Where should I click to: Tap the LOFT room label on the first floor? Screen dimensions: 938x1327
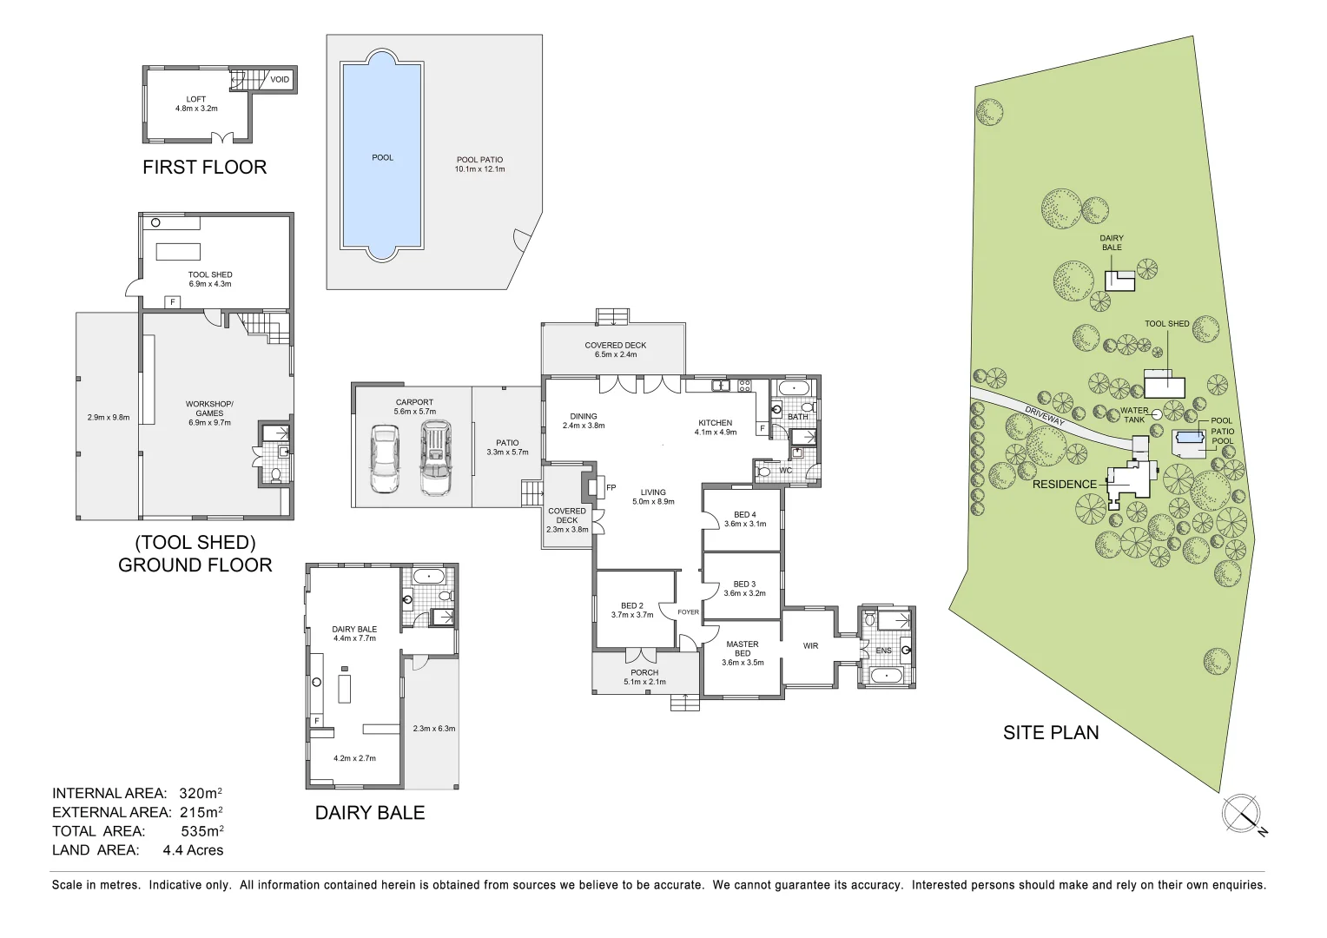pyautogui.click(x=196, y=99)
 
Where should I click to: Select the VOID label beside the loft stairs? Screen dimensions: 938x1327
pyautogui.click(x=280, y=80)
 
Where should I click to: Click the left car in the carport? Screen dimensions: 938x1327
pyautogui.click(x=383, y=459)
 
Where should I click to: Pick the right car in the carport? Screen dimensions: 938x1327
pyautogui.click(x=435, y=458)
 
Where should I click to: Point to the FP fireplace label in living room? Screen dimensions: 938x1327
pyautogui.click(x=611, y=488)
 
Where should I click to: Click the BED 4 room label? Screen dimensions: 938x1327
pyautogui.click(x=745, y=515)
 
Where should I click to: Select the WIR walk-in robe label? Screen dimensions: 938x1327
pyautogui.click(x=810, y=645)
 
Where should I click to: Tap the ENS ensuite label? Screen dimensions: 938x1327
pyautogui.click(x=883, y=651)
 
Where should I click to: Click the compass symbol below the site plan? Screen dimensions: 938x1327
pyautogui.click(x=1241, y=814)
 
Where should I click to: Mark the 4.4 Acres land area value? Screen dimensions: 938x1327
pyautogui.click(x=193, y=850)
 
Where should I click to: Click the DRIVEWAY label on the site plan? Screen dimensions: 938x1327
pyautogui.click(x=1044, y=416)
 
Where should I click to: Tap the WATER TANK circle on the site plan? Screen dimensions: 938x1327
pyautogui.click(x=1156, y=415)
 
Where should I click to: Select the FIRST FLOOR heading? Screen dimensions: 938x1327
pyautogui.click(x=204, y=167)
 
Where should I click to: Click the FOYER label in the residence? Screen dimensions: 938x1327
pyautogui.click(x=688, y=612)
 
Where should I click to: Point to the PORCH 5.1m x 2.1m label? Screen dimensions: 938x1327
pyautogui.click(x=644, y=677)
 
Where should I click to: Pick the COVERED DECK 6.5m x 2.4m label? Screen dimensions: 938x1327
pyautogui.click(x=615, y=349)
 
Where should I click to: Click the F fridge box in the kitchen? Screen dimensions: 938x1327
pyautogui.click(x=763, y=428)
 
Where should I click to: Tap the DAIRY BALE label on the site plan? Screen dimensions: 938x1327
pyautogui.click(x=1112, y=242)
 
